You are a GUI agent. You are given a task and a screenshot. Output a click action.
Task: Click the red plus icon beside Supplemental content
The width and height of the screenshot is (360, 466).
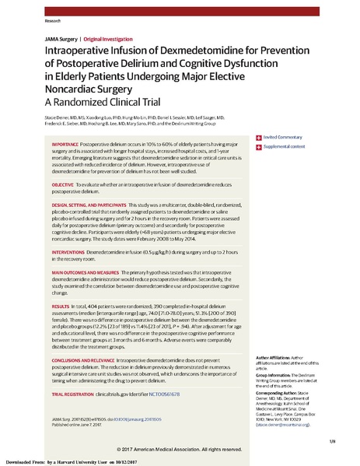[257, 124]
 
